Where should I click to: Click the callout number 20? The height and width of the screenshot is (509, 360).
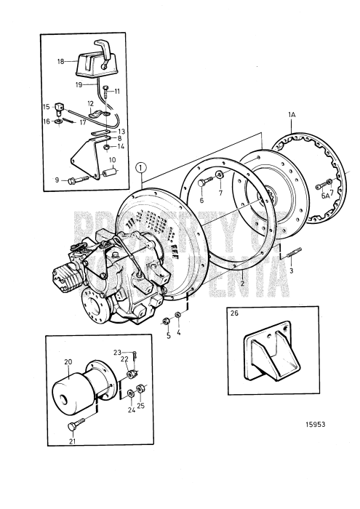[x=68, y=361]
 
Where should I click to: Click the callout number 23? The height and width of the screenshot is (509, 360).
[x=117, y=352]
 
